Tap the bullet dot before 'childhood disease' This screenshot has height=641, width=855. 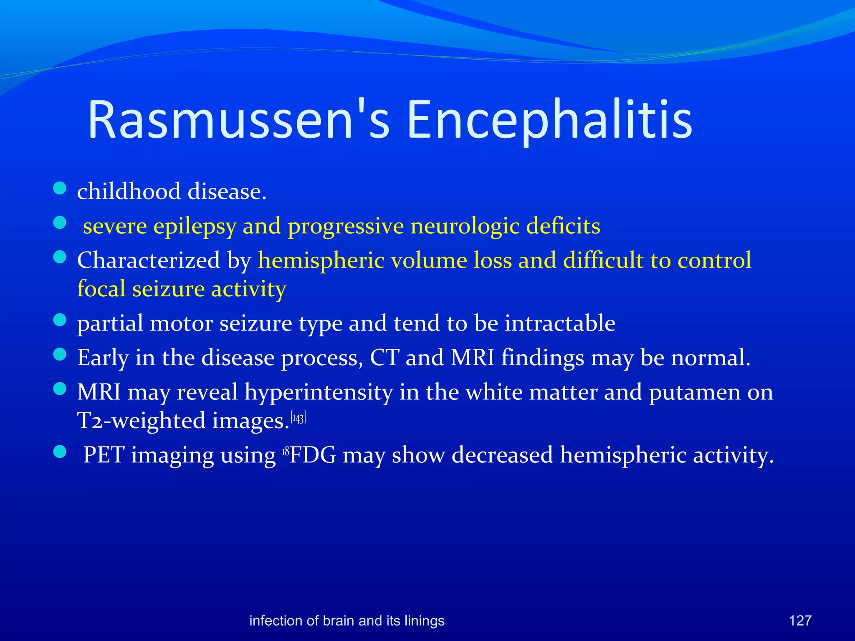60,188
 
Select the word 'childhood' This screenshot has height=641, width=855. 129,192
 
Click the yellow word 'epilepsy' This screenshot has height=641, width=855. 195,227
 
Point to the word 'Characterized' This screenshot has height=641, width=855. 148,260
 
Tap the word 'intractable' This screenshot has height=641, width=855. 560,323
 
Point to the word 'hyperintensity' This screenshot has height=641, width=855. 319,393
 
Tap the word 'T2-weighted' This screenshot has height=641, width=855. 141,421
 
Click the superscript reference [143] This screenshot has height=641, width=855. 298,418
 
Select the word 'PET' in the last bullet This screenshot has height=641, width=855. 104,455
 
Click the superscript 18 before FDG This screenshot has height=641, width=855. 286,451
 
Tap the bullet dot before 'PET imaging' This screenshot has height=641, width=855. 60,452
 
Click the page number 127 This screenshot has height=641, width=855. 800,621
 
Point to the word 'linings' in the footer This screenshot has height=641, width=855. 425,621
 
